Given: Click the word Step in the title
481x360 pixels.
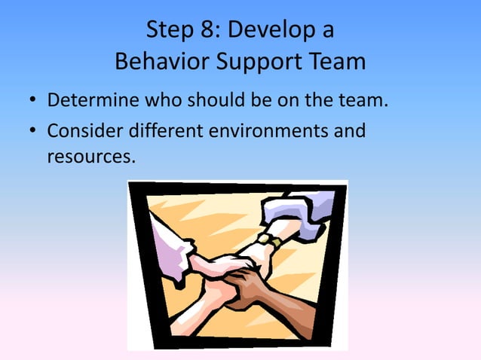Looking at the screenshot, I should click(x=171, y=31).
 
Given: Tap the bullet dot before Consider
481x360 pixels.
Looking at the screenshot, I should click(x=32, y=132).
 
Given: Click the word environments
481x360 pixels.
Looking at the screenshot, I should click(x=271, y=131).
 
